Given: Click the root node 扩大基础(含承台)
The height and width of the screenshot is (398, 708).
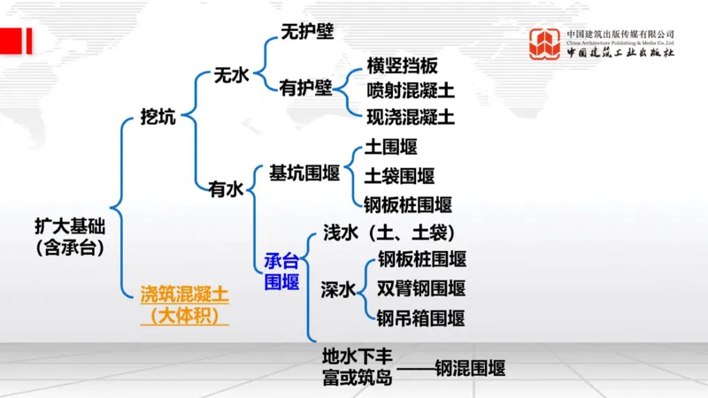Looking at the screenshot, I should point(69,236).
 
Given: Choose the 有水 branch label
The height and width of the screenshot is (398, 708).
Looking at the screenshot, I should point(225,188).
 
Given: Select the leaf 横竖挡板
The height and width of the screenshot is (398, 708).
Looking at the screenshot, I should point(402,66).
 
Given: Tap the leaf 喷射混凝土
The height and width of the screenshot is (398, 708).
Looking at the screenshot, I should point(411,90).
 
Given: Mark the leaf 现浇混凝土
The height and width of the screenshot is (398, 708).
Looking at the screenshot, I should point(411,115).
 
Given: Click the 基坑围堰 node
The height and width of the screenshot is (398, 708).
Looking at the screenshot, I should point(304,173).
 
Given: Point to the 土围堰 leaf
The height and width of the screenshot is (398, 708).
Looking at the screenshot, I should point(390,147).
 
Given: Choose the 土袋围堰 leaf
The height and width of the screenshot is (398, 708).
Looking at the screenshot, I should point(400,176).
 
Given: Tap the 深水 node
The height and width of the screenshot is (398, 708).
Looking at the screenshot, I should point(338,289).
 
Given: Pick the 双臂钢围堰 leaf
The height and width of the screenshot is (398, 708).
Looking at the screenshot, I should point(421,288).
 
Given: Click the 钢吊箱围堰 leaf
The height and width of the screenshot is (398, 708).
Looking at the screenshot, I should point(421,318).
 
